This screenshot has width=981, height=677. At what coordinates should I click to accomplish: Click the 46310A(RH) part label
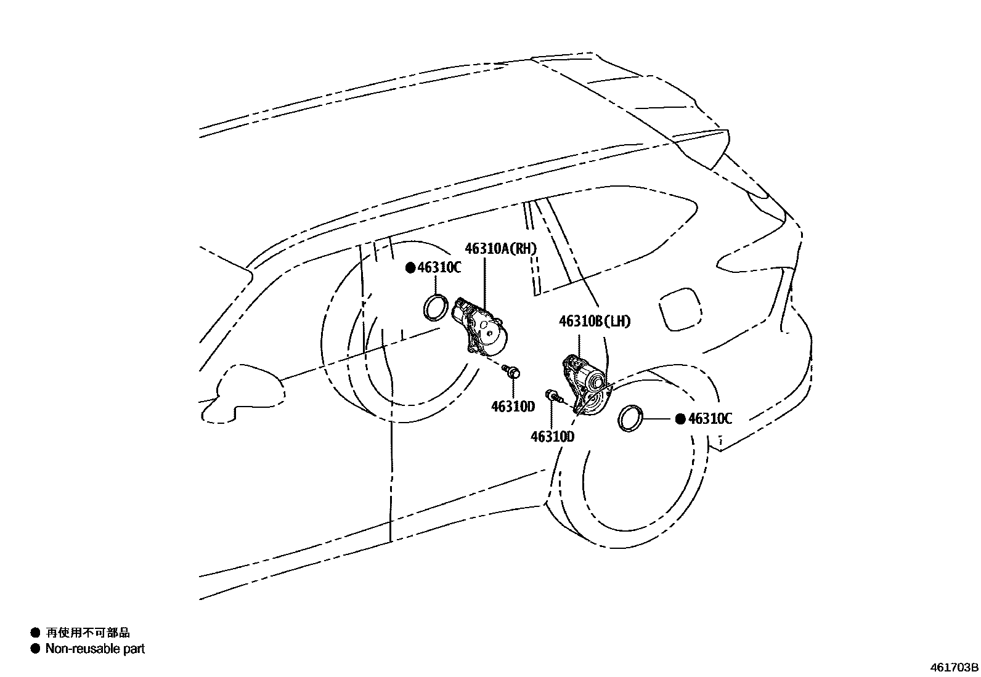(x=500, y=248)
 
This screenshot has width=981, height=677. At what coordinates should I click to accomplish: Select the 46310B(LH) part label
(x=595, y=322)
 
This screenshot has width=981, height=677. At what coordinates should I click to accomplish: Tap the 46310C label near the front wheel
(x=439, y=267)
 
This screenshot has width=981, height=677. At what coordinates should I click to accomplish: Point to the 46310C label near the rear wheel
(x=710, y=419)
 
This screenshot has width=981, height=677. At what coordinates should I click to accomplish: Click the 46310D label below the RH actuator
(x=513, y=406)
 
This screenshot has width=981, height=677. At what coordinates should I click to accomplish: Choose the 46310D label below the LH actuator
(x=552, y=436)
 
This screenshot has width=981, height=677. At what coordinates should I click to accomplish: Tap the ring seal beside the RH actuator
(x=436, y=307)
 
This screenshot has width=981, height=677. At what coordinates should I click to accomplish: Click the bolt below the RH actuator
(x=511, y=371)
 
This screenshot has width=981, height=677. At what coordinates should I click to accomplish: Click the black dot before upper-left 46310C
(x=410, y=267)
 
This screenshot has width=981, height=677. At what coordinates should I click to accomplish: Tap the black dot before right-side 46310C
(x=680, y=419)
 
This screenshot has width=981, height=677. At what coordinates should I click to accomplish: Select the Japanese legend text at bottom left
(x=88, y=632)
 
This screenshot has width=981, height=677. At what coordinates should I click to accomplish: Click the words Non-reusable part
(x=95, y=648)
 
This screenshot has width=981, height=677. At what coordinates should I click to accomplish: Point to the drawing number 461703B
(x=954, y=667)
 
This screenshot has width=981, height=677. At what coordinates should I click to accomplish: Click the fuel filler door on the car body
(x=680, y=309)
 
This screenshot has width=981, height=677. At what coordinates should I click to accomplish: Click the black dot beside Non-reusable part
(x=35, y=648)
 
